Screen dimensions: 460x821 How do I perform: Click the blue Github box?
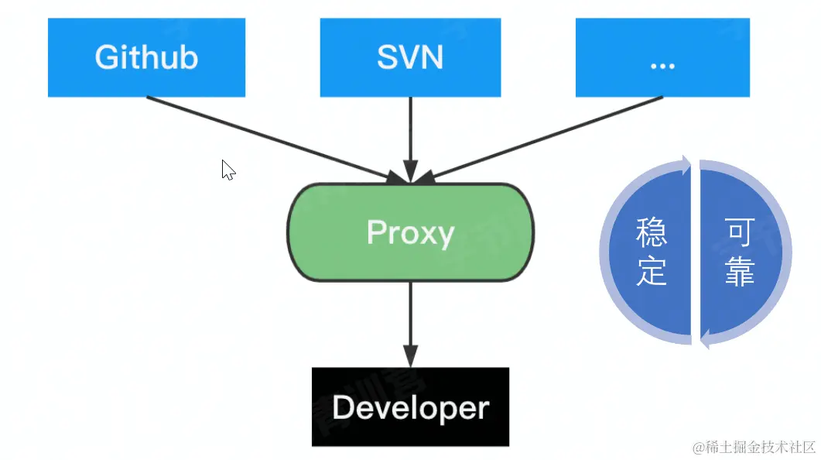(146, 57)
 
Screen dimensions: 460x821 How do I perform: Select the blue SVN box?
(410, 57)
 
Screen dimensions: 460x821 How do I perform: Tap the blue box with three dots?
(662, 57)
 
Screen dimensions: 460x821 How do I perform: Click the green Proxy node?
(410, 232)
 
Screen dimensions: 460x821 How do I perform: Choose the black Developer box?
(410, 407)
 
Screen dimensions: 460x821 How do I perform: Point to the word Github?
(146, 57)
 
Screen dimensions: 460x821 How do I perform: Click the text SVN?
(410, 58)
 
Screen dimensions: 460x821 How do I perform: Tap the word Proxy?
(410, 232)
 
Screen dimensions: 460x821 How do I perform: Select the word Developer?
(410, 407)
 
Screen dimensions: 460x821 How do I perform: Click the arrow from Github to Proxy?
(271, 138)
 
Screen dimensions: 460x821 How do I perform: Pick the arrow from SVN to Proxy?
(410, 136)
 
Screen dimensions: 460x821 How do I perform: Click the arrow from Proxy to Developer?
(410, 318)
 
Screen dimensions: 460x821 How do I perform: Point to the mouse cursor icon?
(227, 170)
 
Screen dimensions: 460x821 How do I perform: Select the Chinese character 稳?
(651, 232)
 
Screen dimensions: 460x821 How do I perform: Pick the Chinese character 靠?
(740, 272)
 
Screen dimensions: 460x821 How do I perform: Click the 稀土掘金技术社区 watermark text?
(755, 448)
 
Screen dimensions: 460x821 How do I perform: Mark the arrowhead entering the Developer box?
(410, 356)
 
